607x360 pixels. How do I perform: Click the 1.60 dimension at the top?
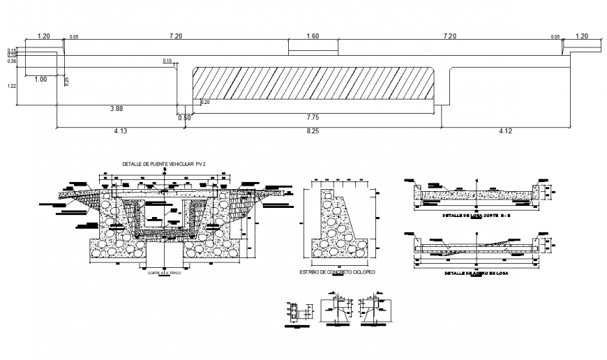[x=313, y=36]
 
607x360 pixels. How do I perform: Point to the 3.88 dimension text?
[x=116, y=109]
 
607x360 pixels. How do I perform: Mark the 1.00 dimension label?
[x=40, y=80]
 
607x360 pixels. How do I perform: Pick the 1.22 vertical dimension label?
[x=12, y=86]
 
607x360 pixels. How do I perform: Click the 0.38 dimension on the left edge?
[x=12, y=61]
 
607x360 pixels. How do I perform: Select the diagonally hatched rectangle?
[x=314, y=82]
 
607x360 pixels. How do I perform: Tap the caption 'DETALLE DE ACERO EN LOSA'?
[x=476, y=274]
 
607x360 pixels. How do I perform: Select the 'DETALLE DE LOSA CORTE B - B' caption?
[x=476, y=216]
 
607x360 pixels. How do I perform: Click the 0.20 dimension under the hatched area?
[x=205, y=103]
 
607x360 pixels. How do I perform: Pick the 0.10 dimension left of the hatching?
[x=167, y=61]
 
